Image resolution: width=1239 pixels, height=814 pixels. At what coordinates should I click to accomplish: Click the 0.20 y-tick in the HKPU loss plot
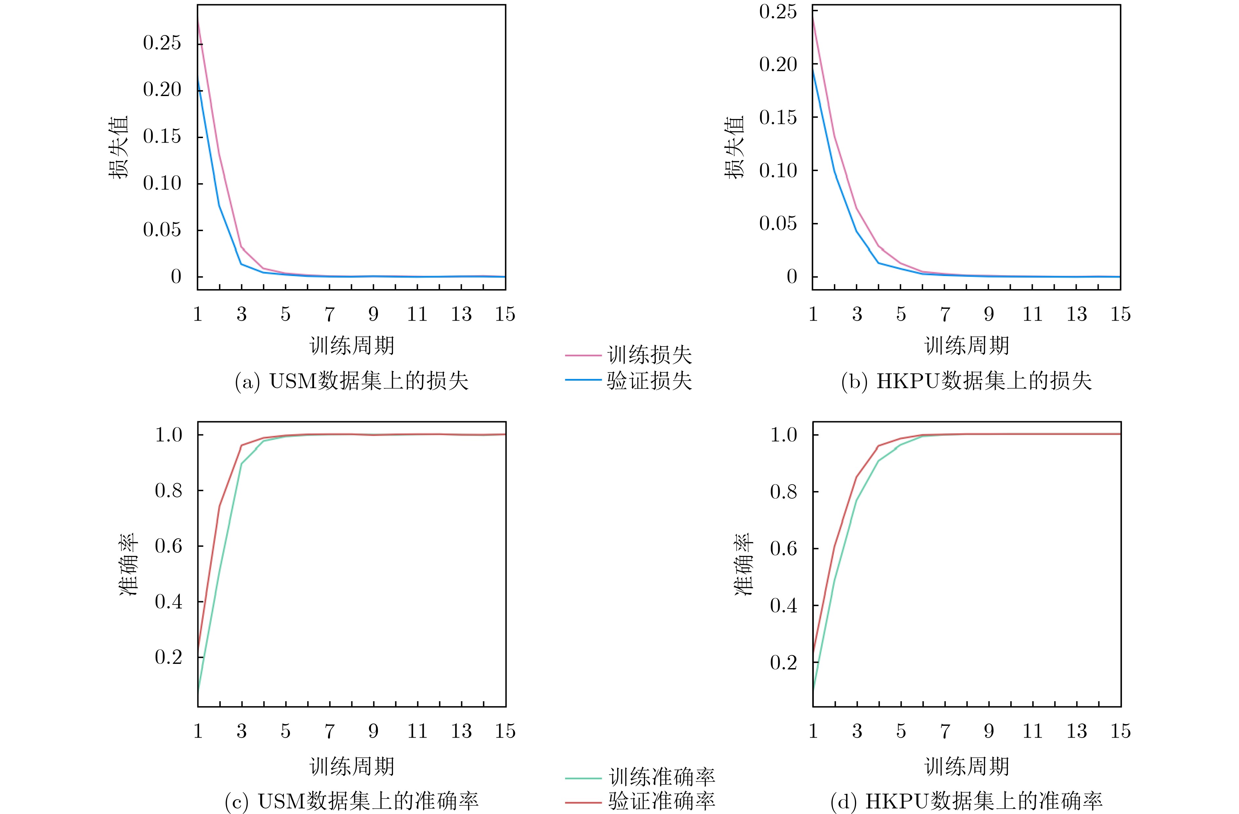pos(778,65)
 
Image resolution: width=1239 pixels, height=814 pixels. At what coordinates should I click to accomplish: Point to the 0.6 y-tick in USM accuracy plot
pos(169,546)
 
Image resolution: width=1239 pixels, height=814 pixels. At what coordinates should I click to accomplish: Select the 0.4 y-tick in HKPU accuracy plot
pos(783,605)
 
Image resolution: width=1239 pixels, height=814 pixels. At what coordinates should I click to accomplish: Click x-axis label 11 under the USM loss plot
pos(417,314)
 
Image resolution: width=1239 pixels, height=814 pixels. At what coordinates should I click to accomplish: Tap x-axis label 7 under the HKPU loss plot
pos(945,314)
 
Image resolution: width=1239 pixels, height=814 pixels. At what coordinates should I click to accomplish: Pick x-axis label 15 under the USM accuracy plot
pos(505,731)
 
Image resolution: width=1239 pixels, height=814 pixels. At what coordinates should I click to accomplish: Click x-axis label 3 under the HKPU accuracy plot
pos(857,731)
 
